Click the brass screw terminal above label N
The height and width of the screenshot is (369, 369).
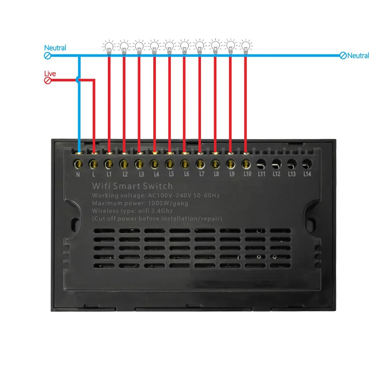78,164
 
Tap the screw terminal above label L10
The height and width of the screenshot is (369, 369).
246,164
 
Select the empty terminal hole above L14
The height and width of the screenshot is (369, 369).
307,164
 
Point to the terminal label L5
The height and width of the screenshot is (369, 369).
171,174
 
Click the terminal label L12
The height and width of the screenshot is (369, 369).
276,174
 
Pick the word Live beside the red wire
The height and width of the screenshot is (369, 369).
50,73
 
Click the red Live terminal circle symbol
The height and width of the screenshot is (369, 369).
48,81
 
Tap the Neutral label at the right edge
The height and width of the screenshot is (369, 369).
358,56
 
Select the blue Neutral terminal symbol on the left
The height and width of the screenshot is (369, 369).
48,56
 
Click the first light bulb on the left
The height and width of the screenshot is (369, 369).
109,47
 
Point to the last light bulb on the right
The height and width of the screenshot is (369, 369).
245,46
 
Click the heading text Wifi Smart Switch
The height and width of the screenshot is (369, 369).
132,186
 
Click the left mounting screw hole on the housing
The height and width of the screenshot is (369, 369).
76,223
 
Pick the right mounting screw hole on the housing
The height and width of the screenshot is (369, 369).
310,223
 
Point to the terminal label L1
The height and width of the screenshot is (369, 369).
109,174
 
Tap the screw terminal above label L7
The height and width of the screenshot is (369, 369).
200,164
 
